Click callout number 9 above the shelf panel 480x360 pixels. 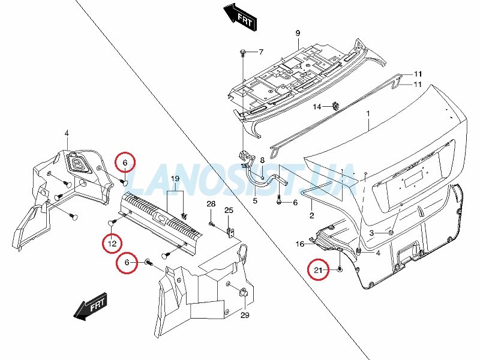tap(298, 33)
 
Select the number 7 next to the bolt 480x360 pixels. tap(261, 52)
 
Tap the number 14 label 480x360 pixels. tap(317, 107)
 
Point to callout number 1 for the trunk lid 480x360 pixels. tap(368, 113)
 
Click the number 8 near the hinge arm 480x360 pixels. tap(262, 160)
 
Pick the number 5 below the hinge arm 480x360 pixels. tap(255, 201)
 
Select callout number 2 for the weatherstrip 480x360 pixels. tap(311, 215)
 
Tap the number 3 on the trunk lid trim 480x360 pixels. tap(371, 233)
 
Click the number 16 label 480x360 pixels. tap(300, 244)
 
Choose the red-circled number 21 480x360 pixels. tap(319, 270)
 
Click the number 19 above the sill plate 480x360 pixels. tap(175, 179)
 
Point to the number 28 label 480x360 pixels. tap(211, 204)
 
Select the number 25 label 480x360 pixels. tap(229, 211)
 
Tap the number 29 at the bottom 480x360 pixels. tap(245, 315)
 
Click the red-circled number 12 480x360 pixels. tap(112, 244)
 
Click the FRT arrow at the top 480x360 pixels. tap(241, 17)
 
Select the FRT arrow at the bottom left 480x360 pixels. tap(91, 307)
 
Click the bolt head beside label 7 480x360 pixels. tap(243, 52)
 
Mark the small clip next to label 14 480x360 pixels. tap(335, 106)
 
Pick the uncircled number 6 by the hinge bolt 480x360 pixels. tap(295, 203)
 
